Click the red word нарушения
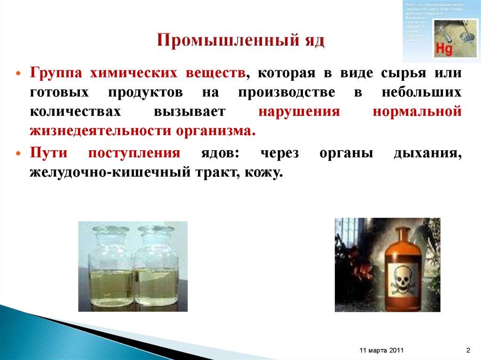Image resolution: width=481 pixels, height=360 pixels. (x=298, y=111)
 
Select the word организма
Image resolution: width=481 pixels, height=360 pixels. (x=217, y=130)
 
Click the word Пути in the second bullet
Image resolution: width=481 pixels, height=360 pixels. (x=46, y=153)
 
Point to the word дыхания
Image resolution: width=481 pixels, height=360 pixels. (x=427, y=153)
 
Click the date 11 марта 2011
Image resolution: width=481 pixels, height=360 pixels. (x=380, y=351)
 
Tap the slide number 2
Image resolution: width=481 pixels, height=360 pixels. (x=468, y=351)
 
